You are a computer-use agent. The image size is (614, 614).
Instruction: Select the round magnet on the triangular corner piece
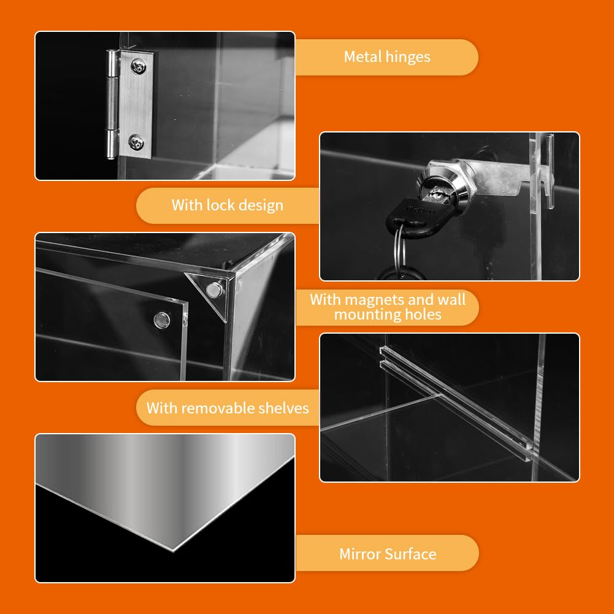coord(214,289)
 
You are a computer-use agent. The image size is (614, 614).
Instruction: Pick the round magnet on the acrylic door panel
coord(161,318)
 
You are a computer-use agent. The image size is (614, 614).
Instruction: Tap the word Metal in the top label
coord(363,57)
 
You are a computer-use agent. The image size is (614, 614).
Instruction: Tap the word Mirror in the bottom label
coord(360,555)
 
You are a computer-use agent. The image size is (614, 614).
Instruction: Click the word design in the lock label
coord(261,205)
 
